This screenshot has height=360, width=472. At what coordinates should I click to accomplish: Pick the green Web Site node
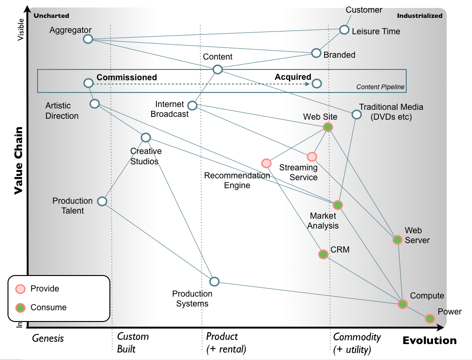point(328,127)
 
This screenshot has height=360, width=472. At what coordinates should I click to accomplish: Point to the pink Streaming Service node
point(312,157)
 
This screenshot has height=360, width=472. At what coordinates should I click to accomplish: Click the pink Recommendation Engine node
point(266,163)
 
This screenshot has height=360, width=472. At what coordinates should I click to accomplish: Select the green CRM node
point(323,254)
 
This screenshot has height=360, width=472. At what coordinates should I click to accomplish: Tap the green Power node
point(430,319)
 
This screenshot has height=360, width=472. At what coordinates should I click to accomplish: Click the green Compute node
point(402,304)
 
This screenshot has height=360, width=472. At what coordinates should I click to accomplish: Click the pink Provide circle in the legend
point(21,289)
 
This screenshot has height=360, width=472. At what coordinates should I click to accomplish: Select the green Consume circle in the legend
point(21,308)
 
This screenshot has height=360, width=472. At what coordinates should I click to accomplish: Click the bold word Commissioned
point(127,77)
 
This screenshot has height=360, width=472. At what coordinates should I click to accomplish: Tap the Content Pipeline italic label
point(380,87)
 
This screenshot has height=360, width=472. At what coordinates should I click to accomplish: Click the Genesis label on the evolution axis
point(48,338)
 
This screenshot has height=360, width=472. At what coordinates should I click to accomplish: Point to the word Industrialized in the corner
point(419,15)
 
